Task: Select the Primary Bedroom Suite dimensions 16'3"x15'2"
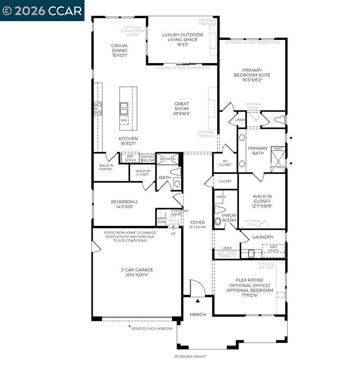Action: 252,80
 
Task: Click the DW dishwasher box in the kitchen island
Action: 124,120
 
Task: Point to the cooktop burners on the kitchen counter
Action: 98,108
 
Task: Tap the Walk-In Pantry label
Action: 106,167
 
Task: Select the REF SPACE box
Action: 130,158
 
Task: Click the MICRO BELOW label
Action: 148,158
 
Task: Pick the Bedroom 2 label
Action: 124,202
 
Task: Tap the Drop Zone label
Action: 162,220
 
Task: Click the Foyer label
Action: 197,222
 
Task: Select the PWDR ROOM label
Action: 229,217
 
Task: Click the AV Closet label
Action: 225,163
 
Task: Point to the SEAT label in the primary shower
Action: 278,149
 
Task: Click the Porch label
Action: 197,314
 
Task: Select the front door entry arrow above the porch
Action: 197,301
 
